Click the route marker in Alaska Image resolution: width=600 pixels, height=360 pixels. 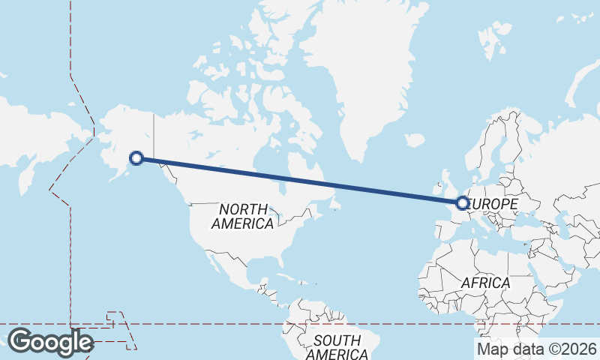pyautogui.click(x=136, y=157)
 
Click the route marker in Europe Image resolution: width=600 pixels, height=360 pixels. pyautogui.click(x=463, y=202)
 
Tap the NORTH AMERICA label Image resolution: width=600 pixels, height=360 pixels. pyautogui.click(x=242, y=216)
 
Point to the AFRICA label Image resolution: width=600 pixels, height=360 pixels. pyautogui.click(x=486, y=283)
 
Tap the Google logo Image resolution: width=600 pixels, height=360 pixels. pyautogui.click(x=49, y=342)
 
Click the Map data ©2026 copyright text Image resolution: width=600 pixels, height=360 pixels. pyautogui.click(x=536, y=348)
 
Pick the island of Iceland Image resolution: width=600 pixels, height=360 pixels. pyautogui.click(x=414, y=140)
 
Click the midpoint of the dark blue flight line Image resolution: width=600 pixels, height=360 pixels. pyautogui.click(x=300, y=180)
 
